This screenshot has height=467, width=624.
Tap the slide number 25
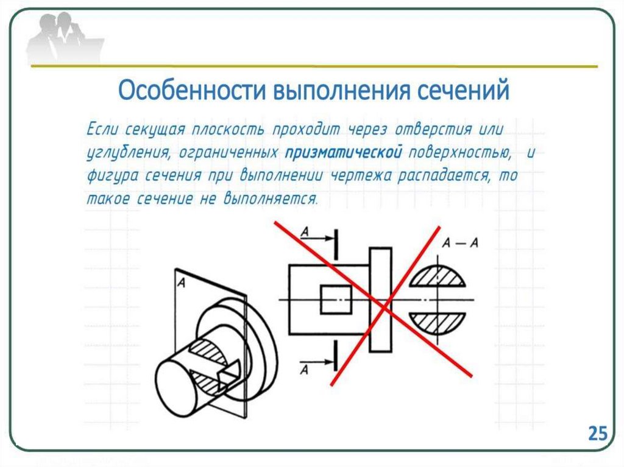(597, 433)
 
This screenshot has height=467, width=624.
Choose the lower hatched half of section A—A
(438, 322)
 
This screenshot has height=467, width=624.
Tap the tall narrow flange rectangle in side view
(380, 300)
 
